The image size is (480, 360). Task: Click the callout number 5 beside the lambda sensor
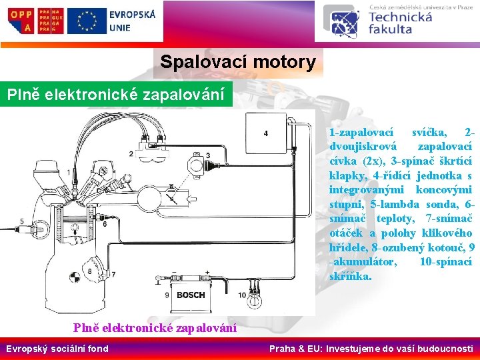22,221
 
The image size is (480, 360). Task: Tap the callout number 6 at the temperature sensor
104,224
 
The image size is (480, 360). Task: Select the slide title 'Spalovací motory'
238,63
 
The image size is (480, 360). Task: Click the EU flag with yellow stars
87,20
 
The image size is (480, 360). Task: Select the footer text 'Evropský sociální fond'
57,349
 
